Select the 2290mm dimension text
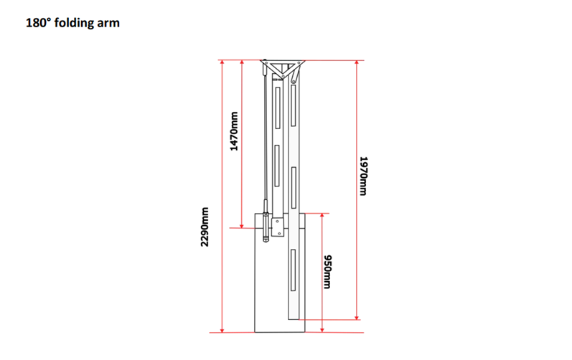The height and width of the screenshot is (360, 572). tap(205, 227)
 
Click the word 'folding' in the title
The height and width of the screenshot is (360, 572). tap(75, 23)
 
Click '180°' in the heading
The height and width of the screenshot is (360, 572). tap(37, 23)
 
